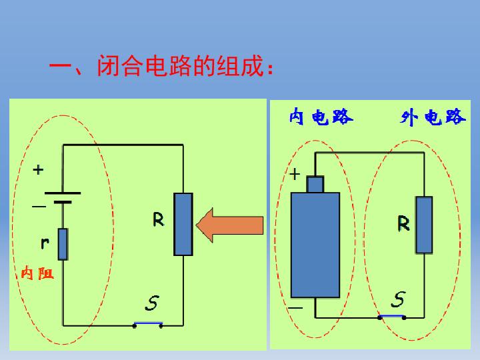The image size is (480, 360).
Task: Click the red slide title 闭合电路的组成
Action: coord(180,65)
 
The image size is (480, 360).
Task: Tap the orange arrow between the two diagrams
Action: coord(229,225)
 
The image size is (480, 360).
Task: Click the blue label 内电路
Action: coord(321,117)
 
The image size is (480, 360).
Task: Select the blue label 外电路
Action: coord(433,117)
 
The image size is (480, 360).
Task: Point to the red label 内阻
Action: coord(37,273)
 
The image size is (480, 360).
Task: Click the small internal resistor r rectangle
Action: coord(63,244)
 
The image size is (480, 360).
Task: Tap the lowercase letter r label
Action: coord(45,243)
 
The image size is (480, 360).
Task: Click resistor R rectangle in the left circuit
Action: coord(183,224)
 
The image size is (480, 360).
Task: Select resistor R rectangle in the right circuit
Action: coord(424,225)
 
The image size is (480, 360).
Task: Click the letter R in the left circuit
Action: coord(158,219)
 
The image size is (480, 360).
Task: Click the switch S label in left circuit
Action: coord(152,303)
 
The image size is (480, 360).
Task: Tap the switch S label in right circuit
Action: coord(399,299)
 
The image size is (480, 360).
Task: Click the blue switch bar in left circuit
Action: coord(148,323)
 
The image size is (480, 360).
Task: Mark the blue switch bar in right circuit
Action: coord(391,315)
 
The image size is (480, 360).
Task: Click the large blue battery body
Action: coord(315,245)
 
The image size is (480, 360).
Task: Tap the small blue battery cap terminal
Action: coord(315,185)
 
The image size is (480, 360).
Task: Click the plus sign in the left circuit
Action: coord(38,169)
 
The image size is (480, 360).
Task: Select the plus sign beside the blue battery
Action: coord(295,175)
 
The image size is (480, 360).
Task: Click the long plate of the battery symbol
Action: coord(63,193)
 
